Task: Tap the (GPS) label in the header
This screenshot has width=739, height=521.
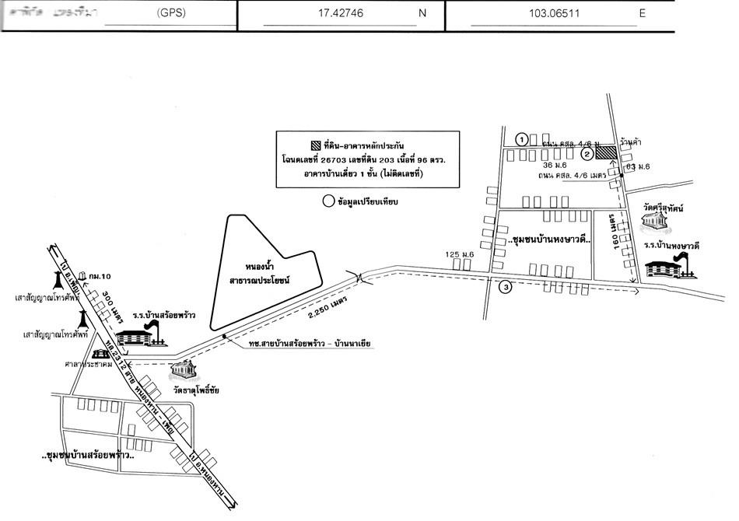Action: pos(171,14)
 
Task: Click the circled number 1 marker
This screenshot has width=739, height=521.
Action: pos(523,139)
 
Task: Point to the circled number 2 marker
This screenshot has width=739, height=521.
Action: pos(588,155)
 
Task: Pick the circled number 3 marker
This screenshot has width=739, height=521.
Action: pos(506,288)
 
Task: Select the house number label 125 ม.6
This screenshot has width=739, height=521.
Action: pos(460,255)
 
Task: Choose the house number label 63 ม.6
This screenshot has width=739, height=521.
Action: pos(638,166)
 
